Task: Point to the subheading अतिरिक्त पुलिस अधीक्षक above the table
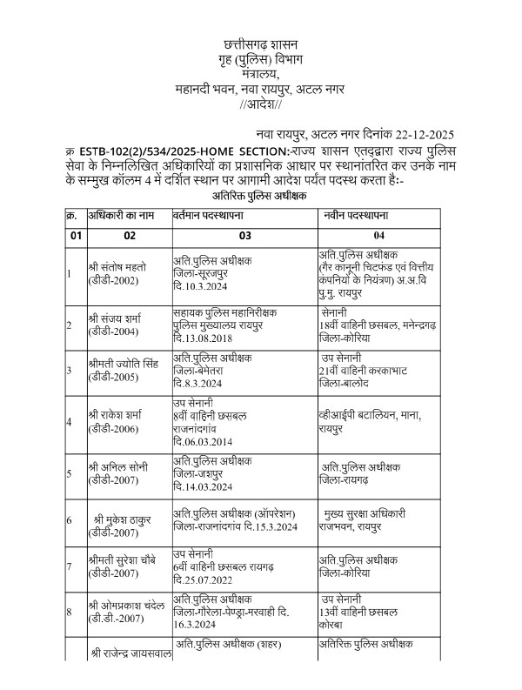[260, 198]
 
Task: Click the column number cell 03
[244, 235]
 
